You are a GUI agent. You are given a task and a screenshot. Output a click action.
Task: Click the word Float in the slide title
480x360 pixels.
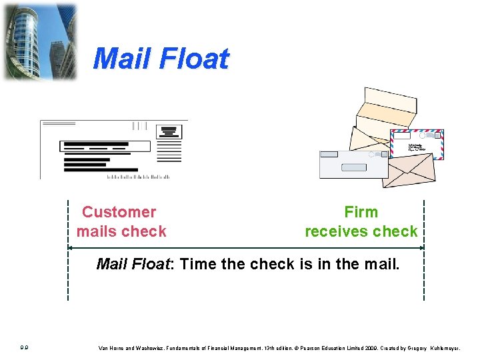tap(193, 59)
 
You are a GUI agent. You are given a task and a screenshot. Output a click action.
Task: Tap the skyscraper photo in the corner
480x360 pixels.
tap(39, 41)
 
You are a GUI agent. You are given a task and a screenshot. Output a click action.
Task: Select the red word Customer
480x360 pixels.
tap(119, 212)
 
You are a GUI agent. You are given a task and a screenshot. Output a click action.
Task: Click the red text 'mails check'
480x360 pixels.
tap(121, 231)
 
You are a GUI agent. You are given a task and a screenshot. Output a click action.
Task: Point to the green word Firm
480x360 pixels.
tap(361, 212)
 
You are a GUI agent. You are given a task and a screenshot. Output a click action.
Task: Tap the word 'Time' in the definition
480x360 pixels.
tap(199, 264)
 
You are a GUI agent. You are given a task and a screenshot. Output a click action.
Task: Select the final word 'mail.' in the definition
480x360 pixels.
tap(383, 264)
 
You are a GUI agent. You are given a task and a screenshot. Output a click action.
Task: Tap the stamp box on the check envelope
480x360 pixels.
tap(168, 131)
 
